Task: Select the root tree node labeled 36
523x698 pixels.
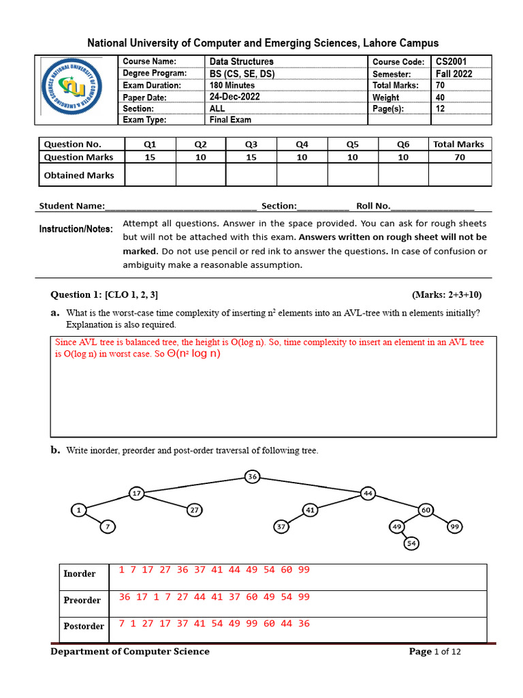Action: point(252,476)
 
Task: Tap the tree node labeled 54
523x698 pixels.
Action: point(411,543)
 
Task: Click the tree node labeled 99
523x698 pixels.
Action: point(455,526)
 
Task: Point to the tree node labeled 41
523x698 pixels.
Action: point(310,509)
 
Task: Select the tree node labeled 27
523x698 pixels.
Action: point(194,509)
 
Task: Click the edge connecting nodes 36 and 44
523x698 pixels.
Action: point(310,485)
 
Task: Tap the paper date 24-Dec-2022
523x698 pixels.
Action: point(234,97)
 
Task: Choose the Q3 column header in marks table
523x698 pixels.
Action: point(251,144)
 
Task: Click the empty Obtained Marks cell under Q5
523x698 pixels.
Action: point(352,175)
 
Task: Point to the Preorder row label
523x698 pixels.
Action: point(82,600)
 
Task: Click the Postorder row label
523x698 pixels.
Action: point(84,626)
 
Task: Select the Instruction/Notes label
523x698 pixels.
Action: point(76,229)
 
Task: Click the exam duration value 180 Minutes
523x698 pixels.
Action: point(232,85)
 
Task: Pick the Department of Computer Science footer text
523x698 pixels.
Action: point(130,652)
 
